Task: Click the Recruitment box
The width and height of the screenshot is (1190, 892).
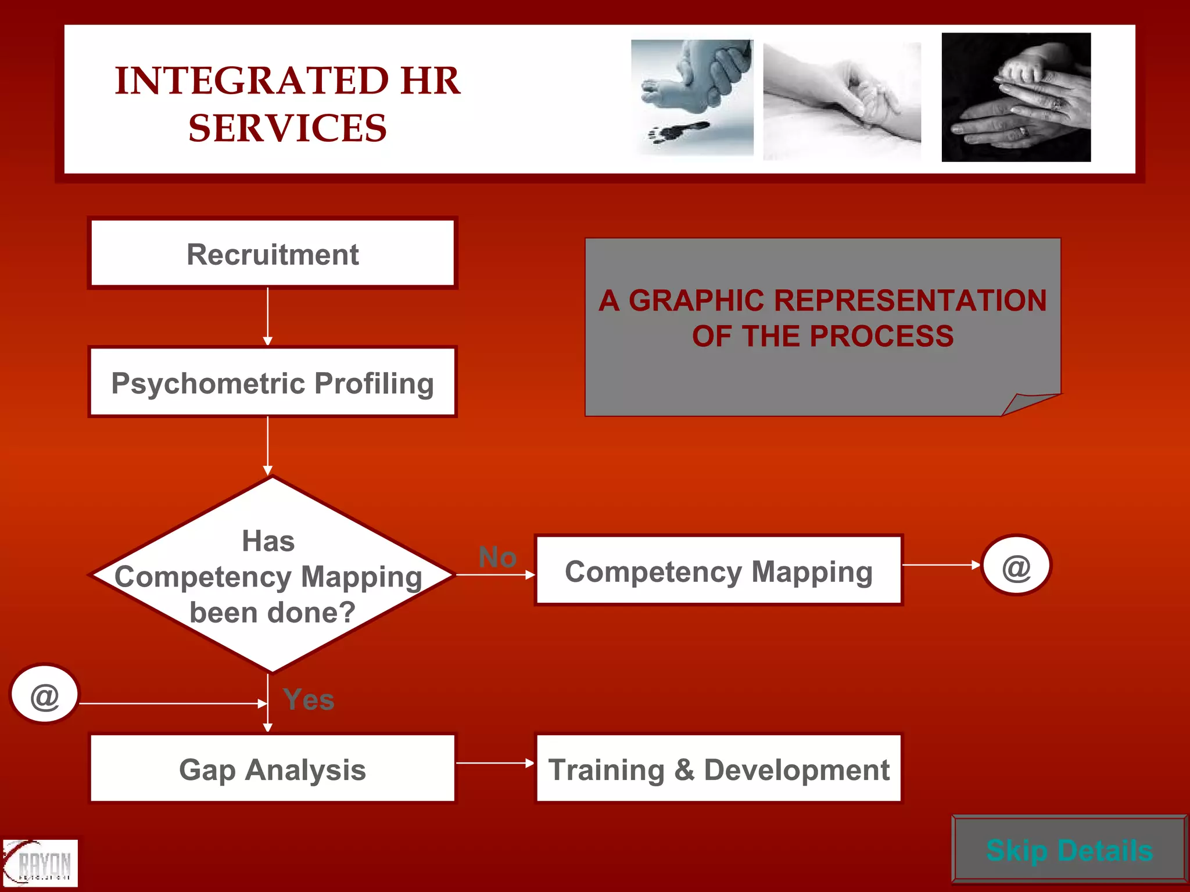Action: (273, 253)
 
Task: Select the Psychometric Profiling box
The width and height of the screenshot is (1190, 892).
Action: (273, 382)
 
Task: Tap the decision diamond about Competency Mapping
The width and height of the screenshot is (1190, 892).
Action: (271, 576)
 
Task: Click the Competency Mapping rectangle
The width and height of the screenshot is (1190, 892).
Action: (718, 571)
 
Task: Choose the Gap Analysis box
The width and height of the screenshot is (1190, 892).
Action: (273, 769)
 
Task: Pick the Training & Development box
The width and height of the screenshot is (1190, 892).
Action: (718, 769)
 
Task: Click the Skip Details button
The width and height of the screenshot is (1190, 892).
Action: (1069, 850)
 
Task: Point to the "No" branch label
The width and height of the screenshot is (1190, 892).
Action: (497, 557)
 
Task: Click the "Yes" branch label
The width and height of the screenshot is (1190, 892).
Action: (309, 699)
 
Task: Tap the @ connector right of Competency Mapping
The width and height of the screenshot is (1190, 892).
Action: (1016, 566)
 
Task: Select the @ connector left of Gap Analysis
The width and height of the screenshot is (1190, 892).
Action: (45, 695)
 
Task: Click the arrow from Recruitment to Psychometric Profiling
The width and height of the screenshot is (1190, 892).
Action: (268, 316)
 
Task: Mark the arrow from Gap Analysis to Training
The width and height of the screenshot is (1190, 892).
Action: (495, 762)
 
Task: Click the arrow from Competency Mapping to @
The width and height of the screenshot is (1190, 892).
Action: (941, 564)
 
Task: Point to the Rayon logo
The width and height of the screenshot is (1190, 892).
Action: (40, 863)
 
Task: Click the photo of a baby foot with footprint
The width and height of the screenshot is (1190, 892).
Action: (692, 97)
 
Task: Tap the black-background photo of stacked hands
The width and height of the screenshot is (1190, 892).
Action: (1016, 97)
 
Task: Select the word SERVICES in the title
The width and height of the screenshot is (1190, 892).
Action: (287, 128)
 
